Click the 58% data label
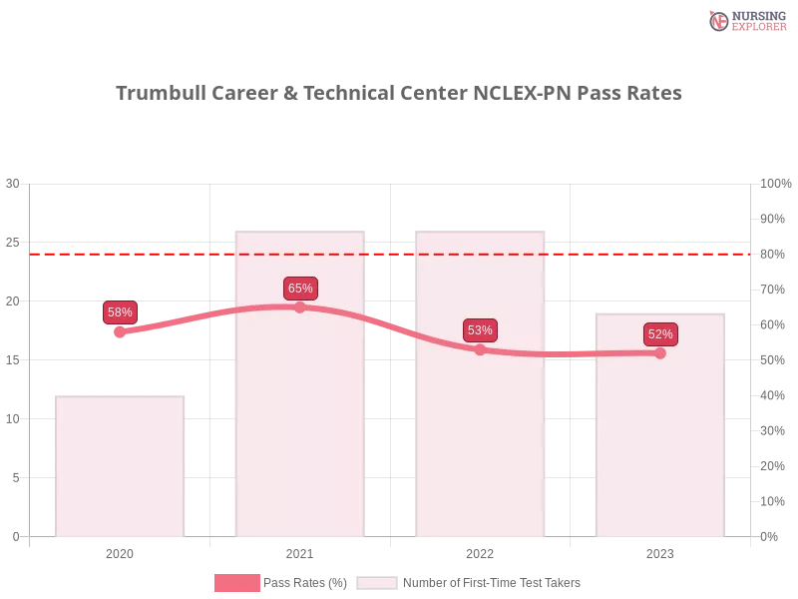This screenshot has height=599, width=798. [x=120, y=312]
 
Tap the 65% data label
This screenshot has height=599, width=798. [x=300, y=289]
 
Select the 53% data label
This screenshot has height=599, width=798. [x=480, y=330]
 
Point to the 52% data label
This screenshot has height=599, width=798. [x=660, y=334]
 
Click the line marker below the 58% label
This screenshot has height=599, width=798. [x=120, y=332]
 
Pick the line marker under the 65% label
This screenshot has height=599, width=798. [x=300, y=307]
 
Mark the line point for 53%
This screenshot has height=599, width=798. [x=480, y=349]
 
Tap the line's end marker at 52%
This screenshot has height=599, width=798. [x=660, y=352]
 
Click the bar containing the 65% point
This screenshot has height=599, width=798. [x=299, y=419]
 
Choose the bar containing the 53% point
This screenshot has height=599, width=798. [x=482, y=439]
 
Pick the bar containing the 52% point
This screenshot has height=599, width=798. [x=658, y=449]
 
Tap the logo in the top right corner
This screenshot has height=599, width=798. [x=745, y=20]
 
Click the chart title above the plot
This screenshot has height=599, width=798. [x=399, y=94]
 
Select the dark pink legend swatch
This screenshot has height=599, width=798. [x=236, y=583]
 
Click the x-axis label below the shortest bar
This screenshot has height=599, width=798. [x=120, y=551]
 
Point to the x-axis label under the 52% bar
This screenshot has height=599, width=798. [x=660, y=551]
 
